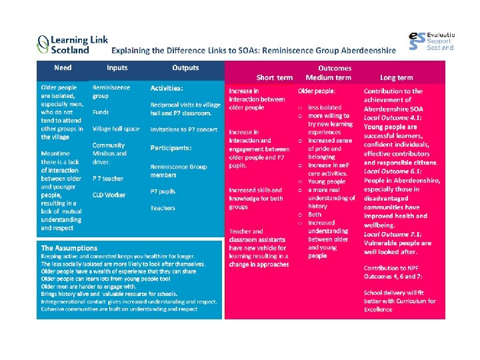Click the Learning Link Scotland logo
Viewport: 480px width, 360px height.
72,45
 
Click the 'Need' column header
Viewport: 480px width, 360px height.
63,68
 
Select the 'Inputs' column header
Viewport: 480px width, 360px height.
117,68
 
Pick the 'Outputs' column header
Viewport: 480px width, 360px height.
185,68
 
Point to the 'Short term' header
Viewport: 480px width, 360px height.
275,78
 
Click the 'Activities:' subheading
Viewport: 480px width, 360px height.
167,88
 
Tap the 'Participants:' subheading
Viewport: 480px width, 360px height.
171,147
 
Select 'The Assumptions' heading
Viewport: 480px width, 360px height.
69,248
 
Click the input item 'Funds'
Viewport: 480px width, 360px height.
101,112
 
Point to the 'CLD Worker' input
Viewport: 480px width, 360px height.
109,195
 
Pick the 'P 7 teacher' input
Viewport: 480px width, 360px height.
108,178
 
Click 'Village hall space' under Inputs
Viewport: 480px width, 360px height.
116,129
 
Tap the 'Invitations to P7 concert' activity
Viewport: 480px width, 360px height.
184,129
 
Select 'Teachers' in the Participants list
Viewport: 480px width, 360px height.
163,208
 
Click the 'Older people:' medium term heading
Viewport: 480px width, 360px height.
317,91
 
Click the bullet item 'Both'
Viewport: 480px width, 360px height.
315,215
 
